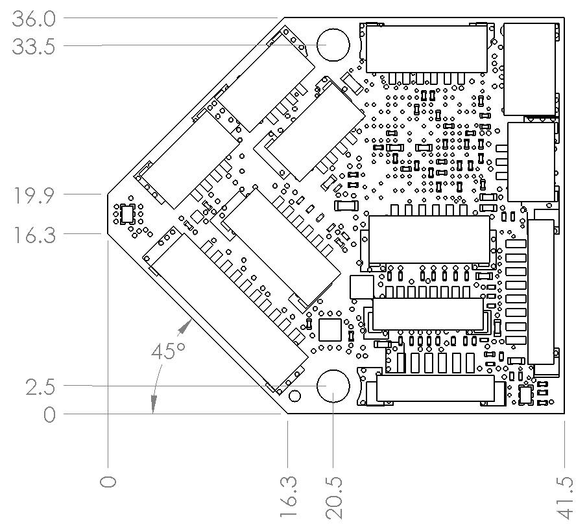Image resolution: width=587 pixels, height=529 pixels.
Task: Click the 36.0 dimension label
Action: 34,19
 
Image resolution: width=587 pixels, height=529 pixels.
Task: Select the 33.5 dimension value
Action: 34,47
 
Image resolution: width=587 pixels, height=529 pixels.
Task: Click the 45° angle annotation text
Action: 168,352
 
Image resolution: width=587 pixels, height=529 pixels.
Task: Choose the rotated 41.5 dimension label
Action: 567,499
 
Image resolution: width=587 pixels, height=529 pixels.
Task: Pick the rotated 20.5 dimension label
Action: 334,499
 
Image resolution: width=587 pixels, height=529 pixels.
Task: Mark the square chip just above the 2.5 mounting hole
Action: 330,329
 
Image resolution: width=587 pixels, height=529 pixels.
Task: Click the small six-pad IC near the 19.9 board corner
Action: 127,213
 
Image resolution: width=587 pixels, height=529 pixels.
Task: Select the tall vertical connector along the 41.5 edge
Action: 541,292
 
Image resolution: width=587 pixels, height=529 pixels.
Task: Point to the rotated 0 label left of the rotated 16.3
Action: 108,481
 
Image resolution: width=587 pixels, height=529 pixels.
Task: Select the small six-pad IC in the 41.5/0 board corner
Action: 526,394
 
